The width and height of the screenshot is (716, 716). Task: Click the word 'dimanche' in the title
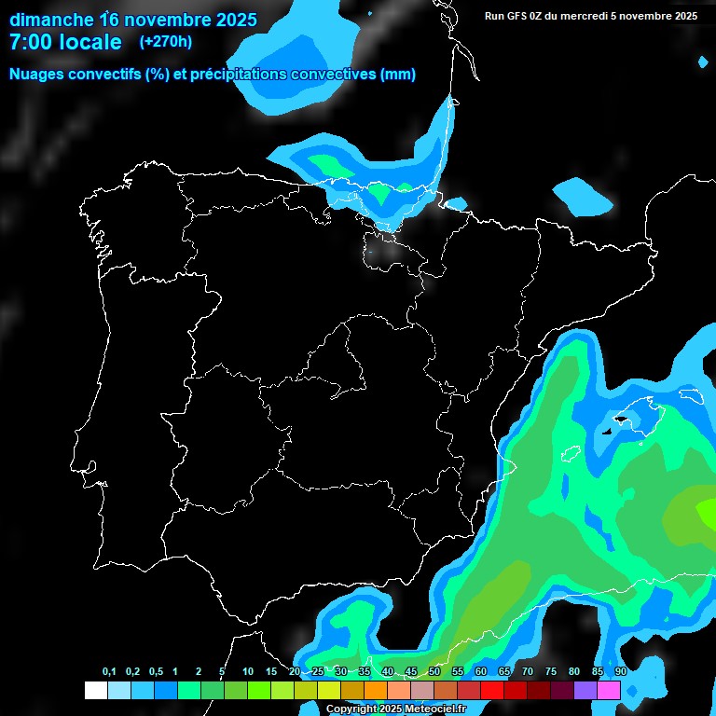pos(51,19)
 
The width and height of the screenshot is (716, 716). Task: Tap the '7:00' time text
pos(34,42)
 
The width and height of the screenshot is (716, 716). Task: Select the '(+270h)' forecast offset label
pos(167,42)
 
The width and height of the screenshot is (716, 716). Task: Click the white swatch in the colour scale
pos(95,691)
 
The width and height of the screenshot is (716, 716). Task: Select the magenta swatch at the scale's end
pos(609,691)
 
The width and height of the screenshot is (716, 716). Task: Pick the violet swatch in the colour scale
pos(585,691)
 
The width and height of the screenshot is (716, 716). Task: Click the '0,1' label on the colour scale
pos(109,672)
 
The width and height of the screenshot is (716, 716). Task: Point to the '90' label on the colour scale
pos(621,672)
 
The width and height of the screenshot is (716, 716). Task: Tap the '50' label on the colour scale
pos(434,672)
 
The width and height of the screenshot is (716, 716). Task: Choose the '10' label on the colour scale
pos(248,672)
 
